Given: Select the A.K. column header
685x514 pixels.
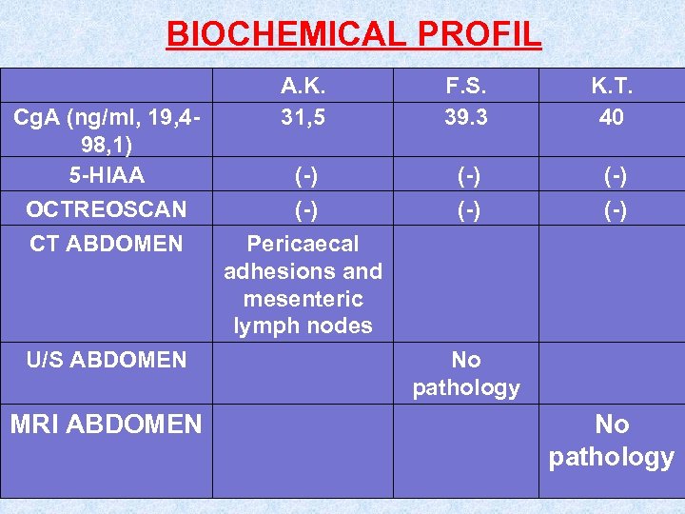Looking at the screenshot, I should pos(303,87).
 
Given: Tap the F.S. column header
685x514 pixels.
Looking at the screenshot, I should pos(466,87).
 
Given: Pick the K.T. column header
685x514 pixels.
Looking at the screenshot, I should pos(611,87).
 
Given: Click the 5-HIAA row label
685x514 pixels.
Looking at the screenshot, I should pos(106,175).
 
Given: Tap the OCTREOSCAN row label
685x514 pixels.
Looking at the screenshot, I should pos(106,208).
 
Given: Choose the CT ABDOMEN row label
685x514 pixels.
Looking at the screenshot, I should pos(106,244).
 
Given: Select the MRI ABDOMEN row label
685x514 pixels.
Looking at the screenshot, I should pos(106,424).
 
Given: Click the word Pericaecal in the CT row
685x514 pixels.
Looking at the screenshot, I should pos(303,244).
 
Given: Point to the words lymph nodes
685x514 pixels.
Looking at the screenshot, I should pos(303,326).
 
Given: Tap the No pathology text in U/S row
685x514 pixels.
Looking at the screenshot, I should pos(466,373).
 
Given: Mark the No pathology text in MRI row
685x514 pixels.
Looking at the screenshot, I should pos(611,440).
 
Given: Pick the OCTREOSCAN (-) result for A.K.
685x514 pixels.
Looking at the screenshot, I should pos(303,209).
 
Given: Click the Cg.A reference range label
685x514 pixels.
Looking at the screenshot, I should pos(106,131).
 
